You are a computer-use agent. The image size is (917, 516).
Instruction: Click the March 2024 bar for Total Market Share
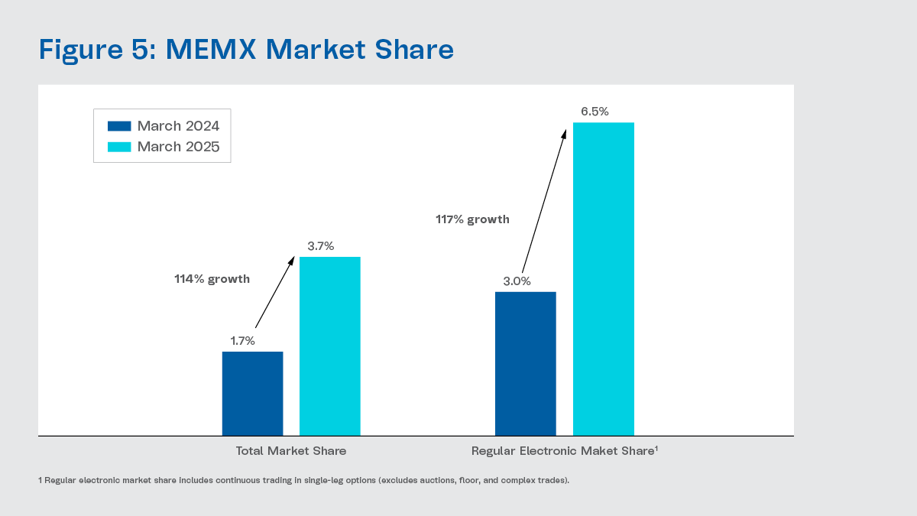252,394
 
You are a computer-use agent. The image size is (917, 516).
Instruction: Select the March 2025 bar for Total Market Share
329,346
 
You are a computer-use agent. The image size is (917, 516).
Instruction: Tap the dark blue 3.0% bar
525,364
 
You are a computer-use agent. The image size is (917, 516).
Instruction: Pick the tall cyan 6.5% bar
603,279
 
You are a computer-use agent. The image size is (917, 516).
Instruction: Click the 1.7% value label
242,341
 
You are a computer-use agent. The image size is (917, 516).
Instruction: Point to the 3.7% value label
320,246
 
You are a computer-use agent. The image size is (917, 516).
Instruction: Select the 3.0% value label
516,281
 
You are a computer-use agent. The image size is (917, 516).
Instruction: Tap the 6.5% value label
595,112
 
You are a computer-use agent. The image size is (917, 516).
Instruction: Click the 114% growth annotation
212,279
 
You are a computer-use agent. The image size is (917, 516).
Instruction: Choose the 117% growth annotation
472,219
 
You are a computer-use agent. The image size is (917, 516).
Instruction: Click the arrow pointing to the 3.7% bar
274,293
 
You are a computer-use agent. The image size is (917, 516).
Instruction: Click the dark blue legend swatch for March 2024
119,126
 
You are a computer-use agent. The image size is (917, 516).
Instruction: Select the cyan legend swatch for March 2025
119,147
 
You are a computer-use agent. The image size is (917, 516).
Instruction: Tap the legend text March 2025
178,147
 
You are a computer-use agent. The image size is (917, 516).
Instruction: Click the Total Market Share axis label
290,451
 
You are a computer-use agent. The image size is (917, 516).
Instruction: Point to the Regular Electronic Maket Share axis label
564,451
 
